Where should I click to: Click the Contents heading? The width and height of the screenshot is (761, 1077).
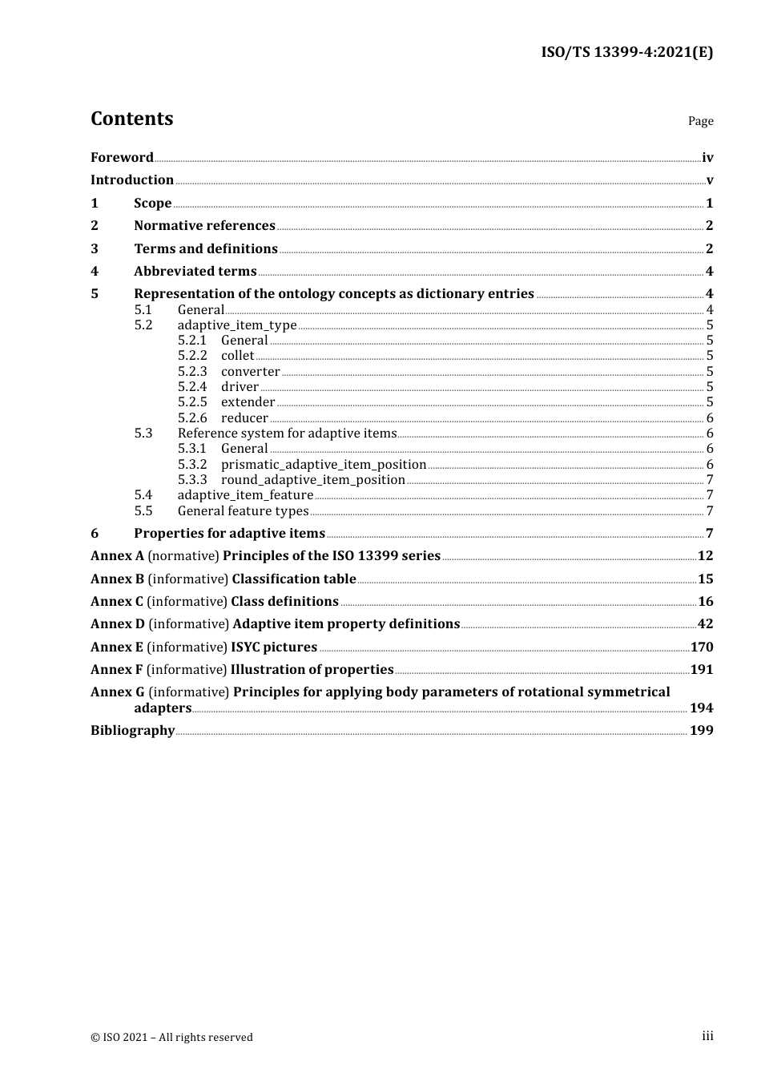pos(131,119)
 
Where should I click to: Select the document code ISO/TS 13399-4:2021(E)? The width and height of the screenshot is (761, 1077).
pos(626,53)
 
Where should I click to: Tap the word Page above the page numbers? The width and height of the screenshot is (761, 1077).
pos(700,121)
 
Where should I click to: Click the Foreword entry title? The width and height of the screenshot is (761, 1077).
pos(122,157)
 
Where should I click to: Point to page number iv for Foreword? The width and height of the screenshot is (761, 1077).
pos(707,157)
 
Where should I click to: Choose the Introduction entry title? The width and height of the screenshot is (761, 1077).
pos(131,179)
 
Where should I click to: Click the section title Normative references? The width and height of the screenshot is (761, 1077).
pos(204,225)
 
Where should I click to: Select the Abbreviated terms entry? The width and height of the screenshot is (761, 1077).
pos(195,271)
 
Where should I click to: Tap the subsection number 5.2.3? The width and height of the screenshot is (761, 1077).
pos(192,371)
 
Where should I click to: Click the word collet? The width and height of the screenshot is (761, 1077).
pos(237,356)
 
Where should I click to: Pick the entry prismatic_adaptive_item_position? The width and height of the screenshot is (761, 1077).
pos(324,465)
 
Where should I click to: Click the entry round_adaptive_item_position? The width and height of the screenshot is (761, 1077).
pos(313,480)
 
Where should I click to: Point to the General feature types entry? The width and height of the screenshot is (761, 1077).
pos(243,511)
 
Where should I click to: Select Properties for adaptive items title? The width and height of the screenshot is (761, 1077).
pos(229,533)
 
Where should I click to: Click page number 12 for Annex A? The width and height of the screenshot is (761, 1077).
pos(705,555)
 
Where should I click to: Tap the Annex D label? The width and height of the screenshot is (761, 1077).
pos(117,623)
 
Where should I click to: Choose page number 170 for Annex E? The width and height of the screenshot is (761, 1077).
pos(702,647)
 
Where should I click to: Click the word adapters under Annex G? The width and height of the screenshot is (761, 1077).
pos(163,708)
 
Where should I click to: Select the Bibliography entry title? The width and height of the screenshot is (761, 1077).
pos(132,730)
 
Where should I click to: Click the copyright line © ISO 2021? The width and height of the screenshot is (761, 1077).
pos(171,1037)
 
